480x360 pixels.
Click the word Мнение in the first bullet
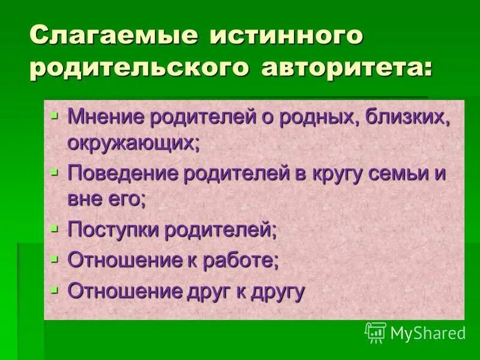coord(109,116)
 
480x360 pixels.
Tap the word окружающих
coord(133,143)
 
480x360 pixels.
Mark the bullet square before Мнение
coord(55,115)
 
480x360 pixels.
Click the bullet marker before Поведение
coord(55,172)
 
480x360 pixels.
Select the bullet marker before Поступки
coord(55,228)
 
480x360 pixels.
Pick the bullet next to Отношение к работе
coord(55,259)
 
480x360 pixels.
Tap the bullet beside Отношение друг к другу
coord(55,290)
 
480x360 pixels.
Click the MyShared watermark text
coord(427,332)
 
